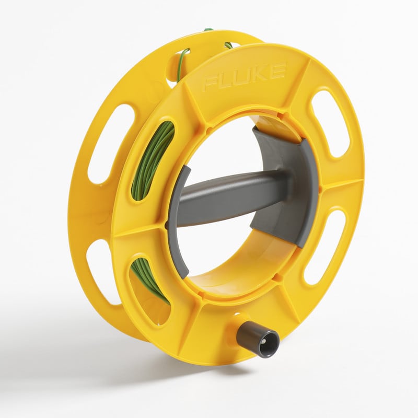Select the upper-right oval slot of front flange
pyautogui.click(x=330, y=122)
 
